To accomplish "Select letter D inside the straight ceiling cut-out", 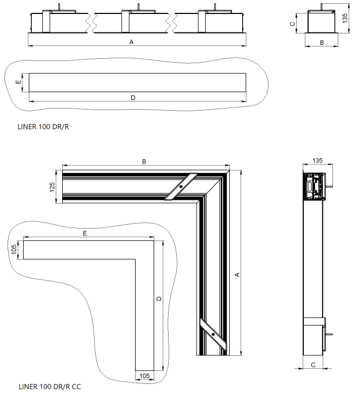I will tap(133, 97).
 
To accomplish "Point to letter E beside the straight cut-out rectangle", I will tap(18, 82).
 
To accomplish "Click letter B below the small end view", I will tap(322, 42).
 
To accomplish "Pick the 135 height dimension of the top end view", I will tap(345, 19).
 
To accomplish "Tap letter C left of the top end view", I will tap(292, 24).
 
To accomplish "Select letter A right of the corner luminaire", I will tap(237, 275).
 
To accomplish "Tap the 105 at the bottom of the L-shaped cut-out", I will tap(144, 374).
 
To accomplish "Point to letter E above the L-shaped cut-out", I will tap(85, 233).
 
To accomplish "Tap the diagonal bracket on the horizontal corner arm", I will tap(181, 187).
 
